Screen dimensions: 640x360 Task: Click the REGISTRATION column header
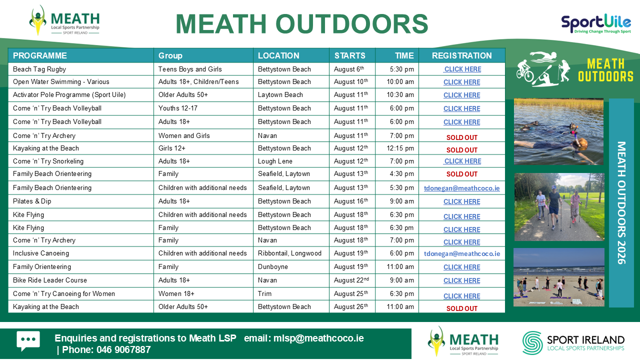[x=461, y=55]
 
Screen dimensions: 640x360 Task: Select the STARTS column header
[x=349, y=55]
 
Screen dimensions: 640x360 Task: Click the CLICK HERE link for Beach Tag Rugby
[x=462, y=69]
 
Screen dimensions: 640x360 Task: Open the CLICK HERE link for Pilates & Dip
[x=461, y=201]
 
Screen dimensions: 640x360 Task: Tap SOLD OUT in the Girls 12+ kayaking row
[x=461, y=150]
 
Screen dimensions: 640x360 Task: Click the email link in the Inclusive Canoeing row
[x=462, y=253]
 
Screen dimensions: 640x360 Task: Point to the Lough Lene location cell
[x=275, y=161]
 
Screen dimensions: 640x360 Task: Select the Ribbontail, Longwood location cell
[x=289, y=253]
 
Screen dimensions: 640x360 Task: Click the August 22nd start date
[x=351, y=280]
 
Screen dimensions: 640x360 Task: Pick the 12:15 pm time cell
[x=400, y=148]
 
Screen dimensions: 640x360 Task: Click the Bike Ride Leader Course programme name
[x=50, y=280]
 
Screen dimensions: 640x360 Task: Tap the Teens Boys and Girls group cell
[x=190, y=69]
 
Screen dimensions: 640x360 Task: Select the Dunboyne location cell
[x=273, y=266]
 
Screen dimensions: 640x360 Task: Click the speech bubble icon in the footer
[x=28, y=341]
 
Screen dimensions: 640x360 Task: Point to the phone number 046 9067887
[x=123, y=349]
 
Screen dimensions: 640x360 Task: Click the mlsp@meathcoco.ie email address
[x=318, y=338]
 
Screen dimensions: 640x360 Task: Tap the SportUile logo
[x=596, y=24]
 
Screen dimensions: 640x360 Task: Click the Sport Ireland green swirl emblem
[x=532, y=343]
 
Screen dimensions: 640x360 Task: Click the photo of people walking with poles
[x=559, y=207]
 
